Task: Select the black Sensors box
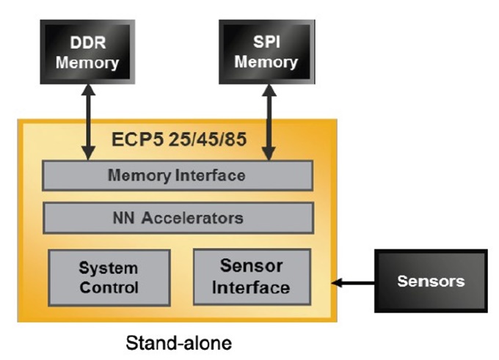[x=431, y=281]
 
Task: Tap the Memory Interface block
[x=178, y=176]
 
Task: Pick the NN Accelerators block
[x=178, y=218]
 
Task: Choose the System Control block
[x=109, y=278]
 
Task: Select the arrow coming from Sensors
[x=353, y=282]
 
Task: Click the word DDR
[x=87, y=43]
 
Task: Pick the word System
[x=109, y=269]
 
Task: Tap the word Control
[x=109, y=287]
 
